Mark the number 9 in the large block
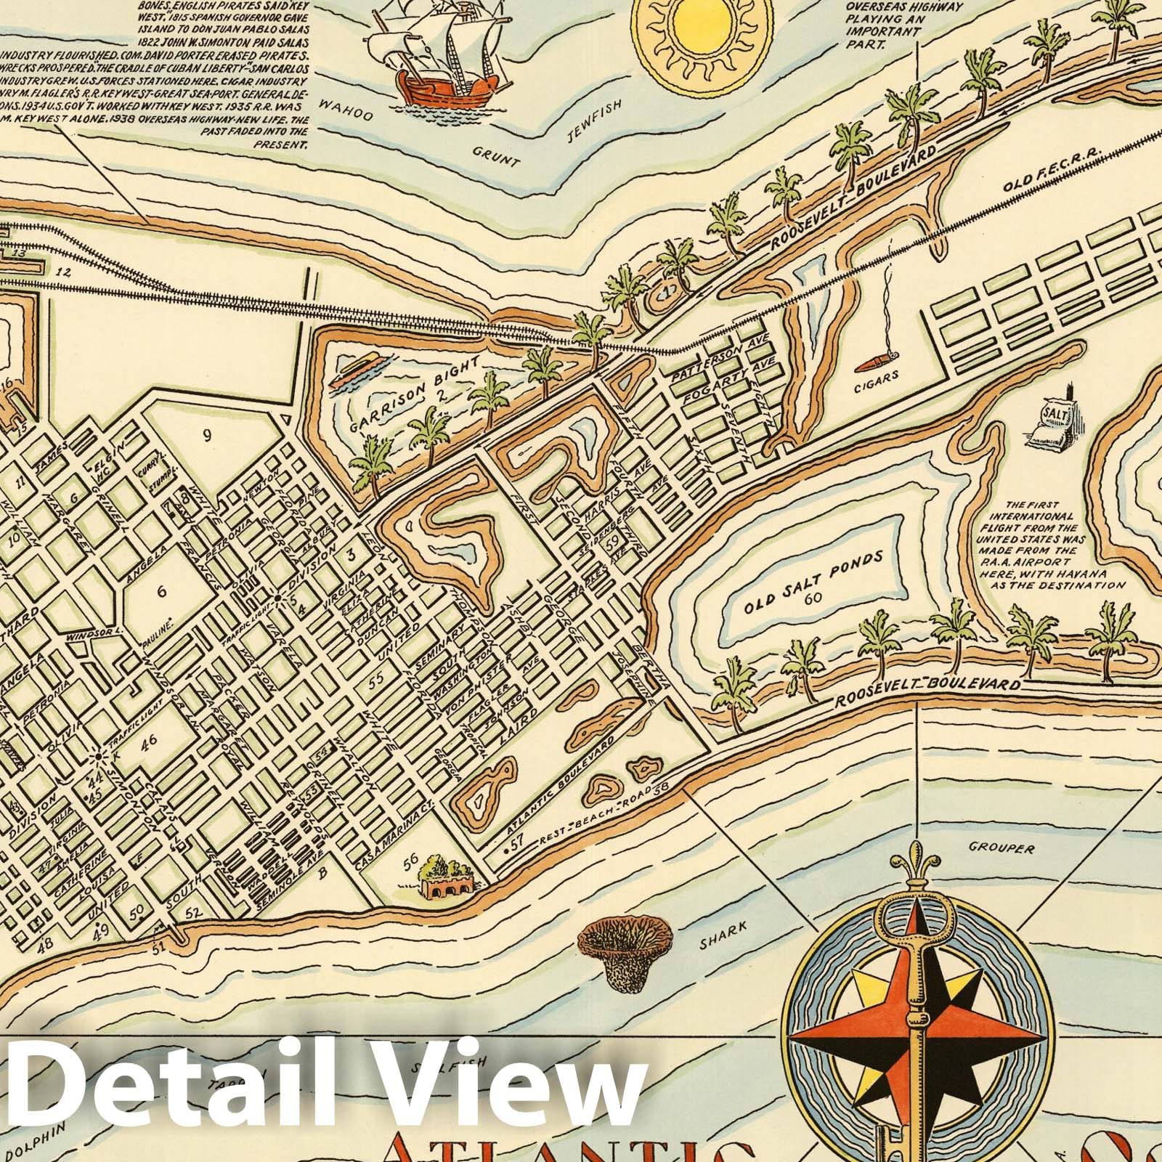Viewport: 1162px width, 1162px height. [x=207, y=436]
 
